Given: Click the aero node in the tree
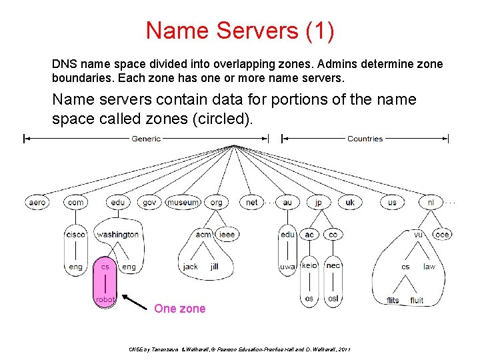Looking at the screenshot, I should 37,203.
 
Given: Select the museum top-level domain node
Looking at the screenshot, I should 183,203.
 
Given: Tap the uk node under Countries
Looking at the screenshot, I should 350,203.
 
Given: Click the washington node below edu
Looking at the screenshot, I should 117,235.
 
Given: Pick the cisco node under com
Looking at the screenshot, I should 75,235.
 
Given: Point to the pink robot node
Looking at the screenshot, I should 105,299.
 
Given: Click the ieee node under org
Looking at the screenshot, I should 227,235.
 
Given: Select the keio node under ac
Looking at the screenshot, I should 309,266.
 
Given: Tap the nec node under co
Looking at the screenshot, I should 333,265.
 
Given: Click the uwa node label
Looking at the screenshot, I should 287,267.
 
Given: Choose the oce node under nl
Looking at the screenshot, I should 441,235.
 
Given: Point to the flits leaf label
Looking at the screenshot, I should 393,300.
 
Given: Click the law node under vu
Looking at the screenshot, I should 429,267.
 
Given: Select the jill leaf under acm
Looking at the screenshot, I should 214,267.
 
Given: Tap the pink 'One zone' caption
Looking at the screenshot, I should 180,309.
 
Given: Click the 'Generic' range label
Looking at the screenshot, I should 146,139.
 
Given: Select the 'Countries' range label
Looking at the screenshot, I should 365,139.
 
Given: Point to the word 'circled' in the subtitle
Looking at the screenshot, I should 214,119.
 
